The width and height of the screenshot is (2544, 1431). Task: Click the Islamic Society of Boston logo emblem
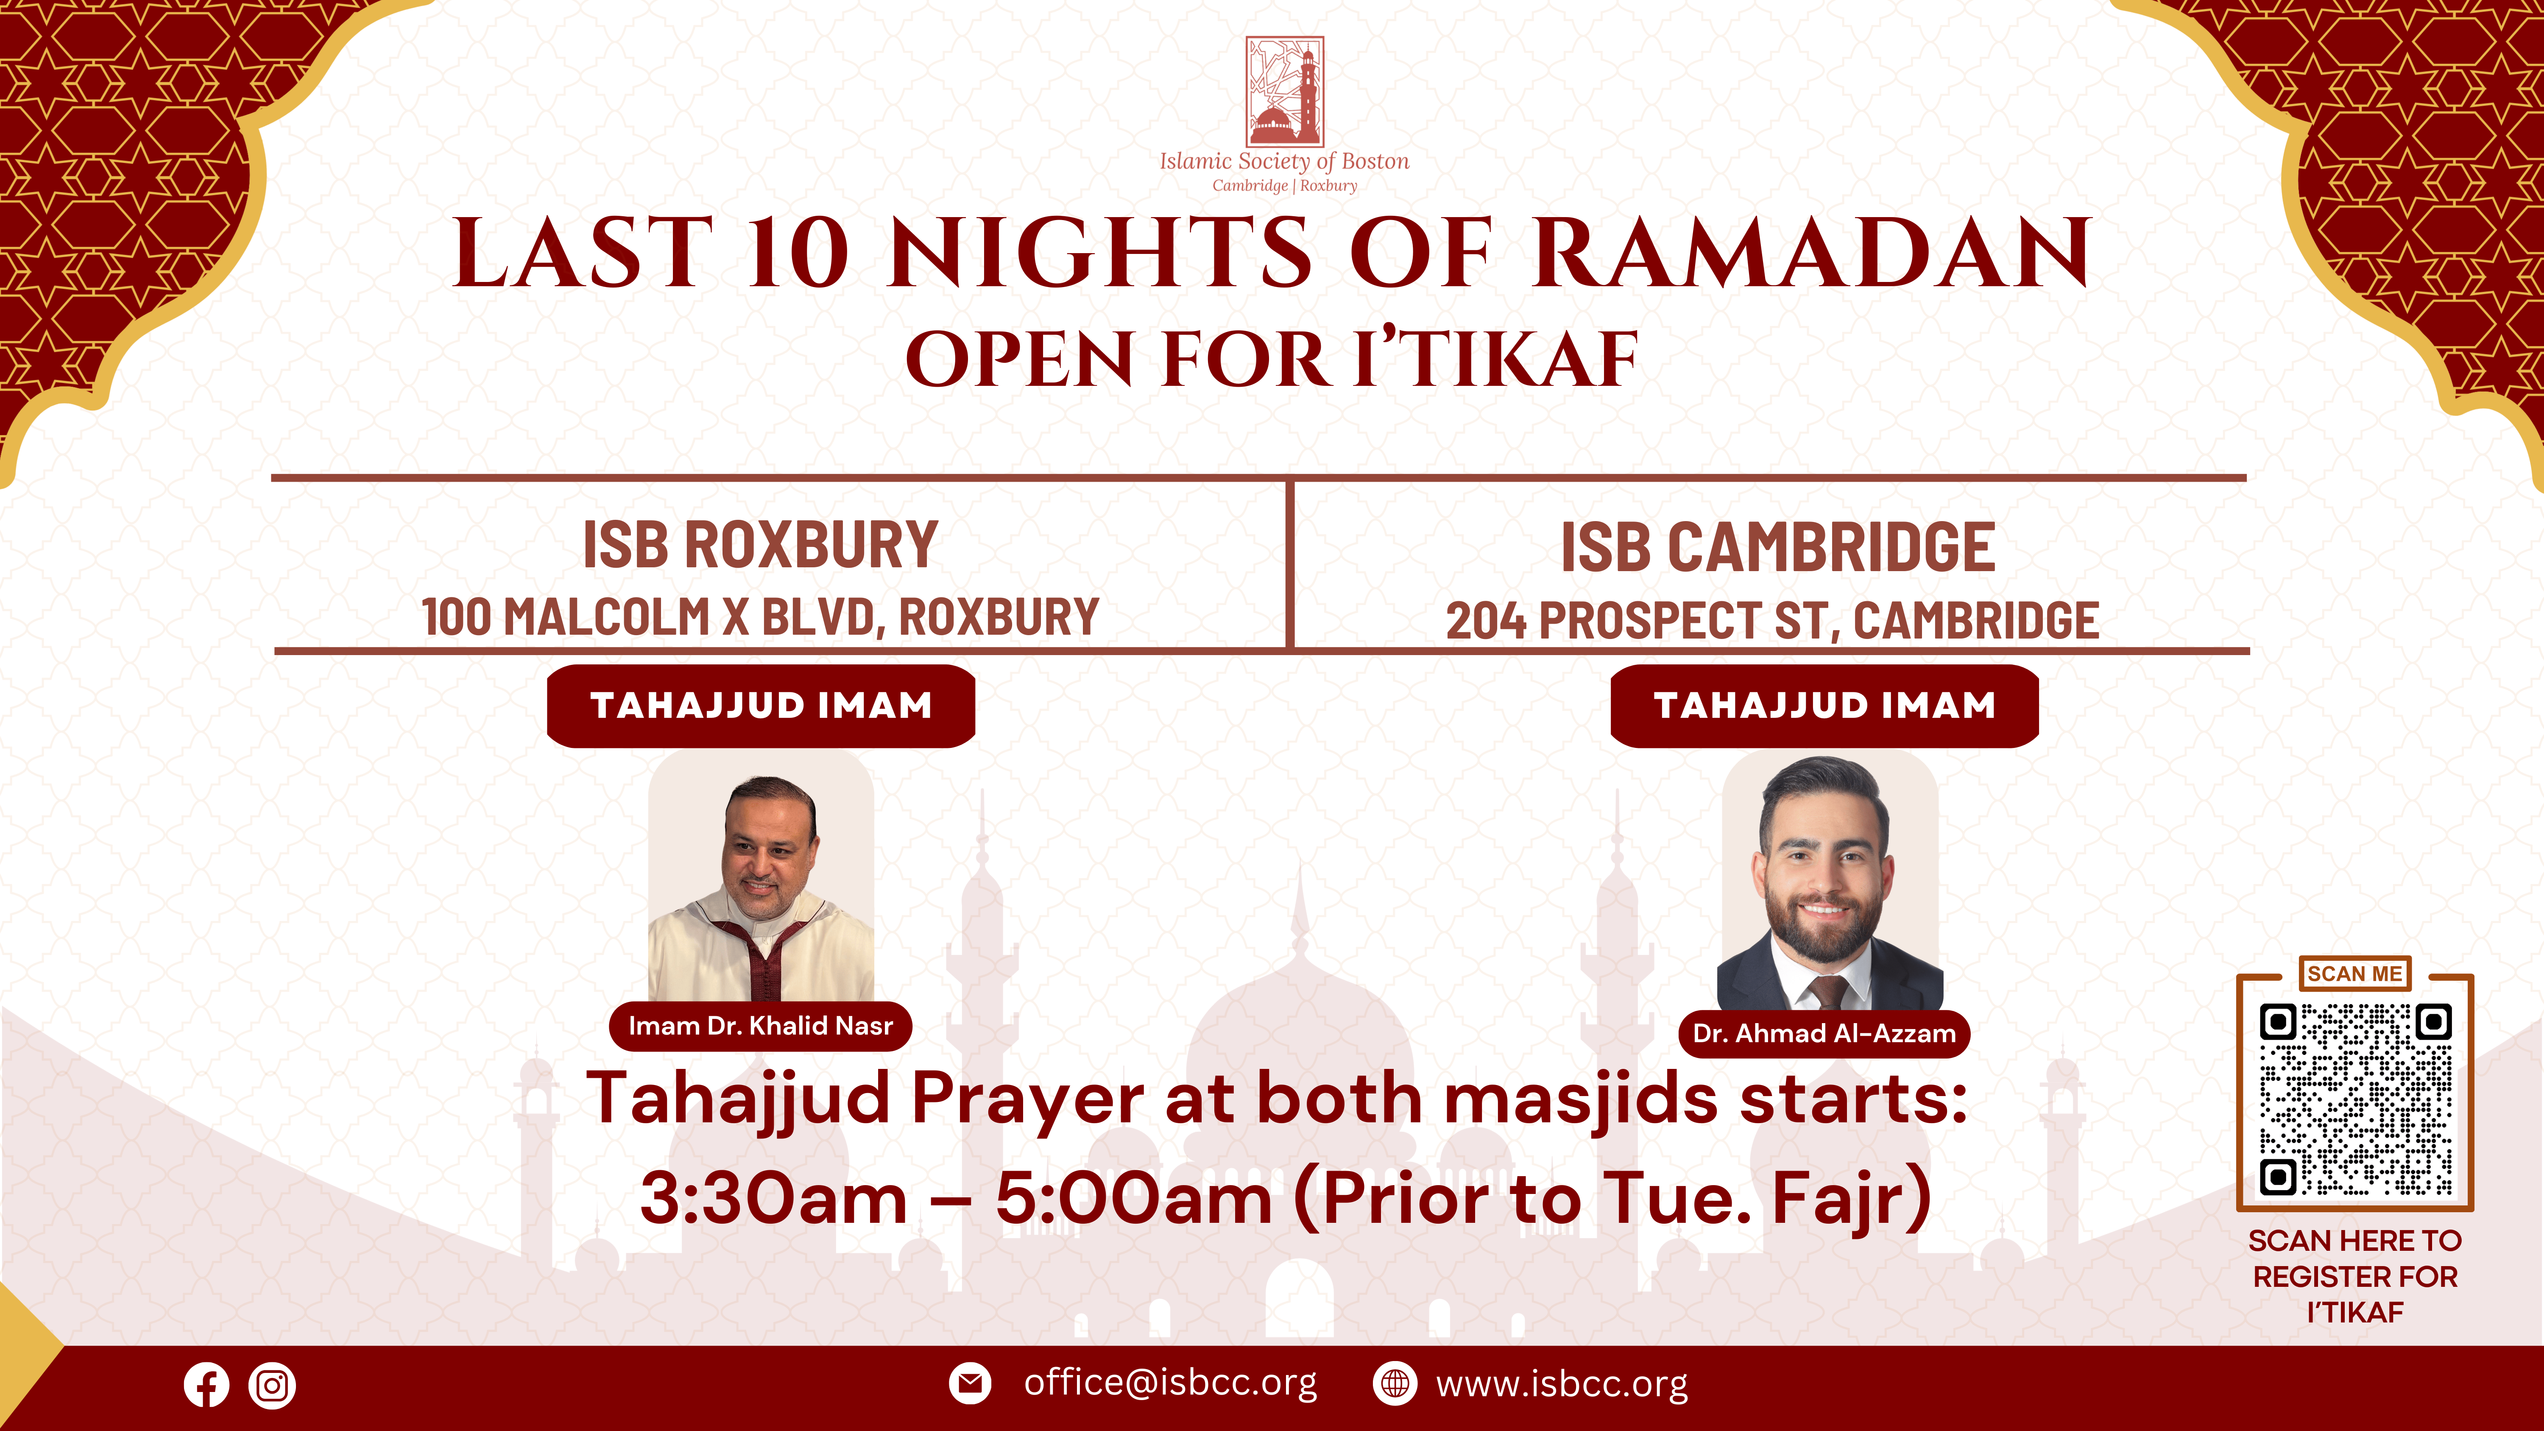tap(1284, 92)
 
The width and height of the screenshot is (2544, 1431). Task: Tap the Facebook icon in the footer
tap(206, 1385)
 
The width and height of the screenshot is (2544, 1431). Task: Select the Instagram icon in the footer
tap(273, 1385)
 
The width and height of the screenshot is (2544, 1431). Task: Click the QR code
tap(2355, 1099)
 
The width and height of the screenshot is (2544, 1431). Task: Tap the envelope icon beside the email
tap(970, 1384)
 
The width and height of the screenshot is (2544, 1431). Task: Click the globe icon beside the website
tap(1395, 1384)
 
